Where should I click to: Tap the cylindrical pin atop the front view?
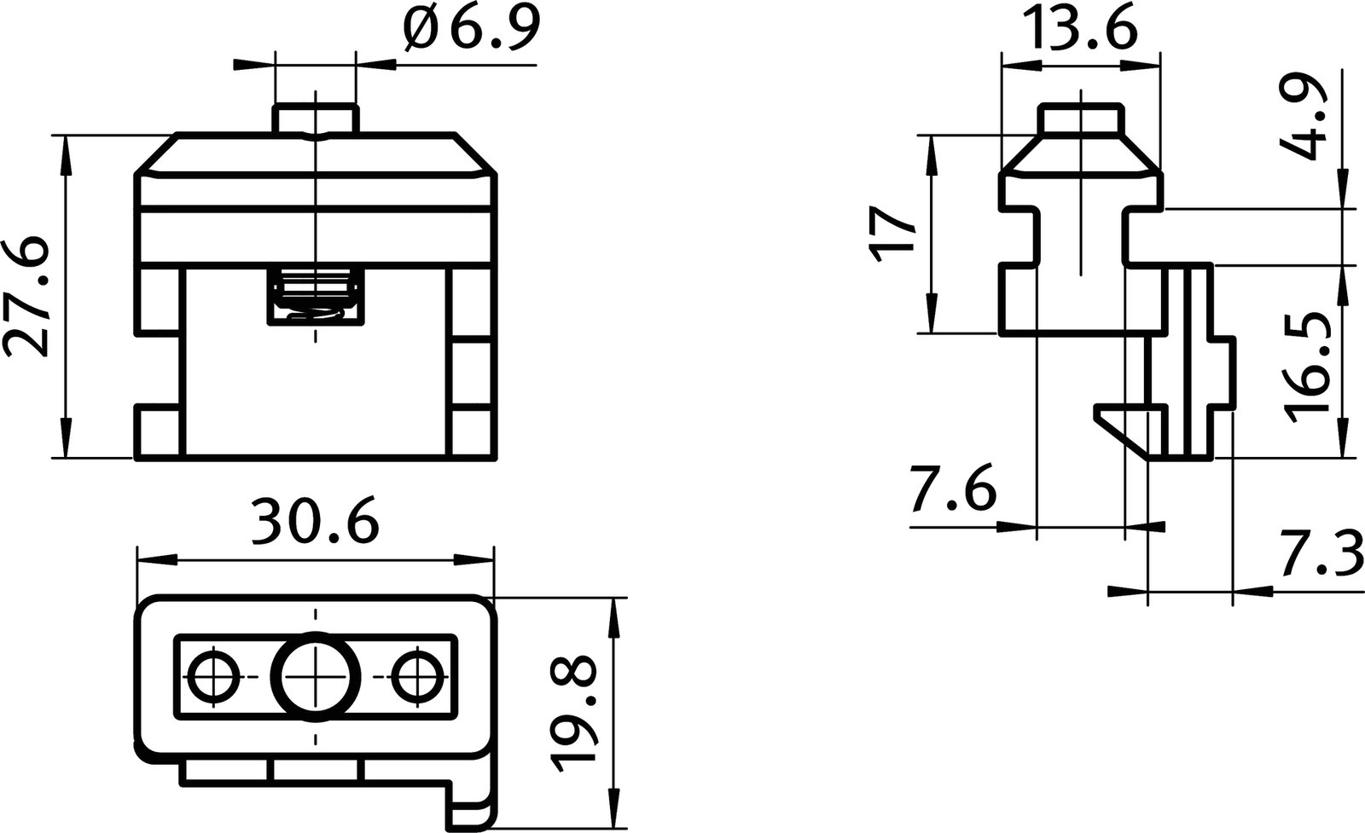[315, 119]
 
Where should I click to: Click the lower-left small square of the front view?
[160, 433]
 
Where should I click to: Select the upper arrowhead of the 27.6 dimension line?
[65, 149]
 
